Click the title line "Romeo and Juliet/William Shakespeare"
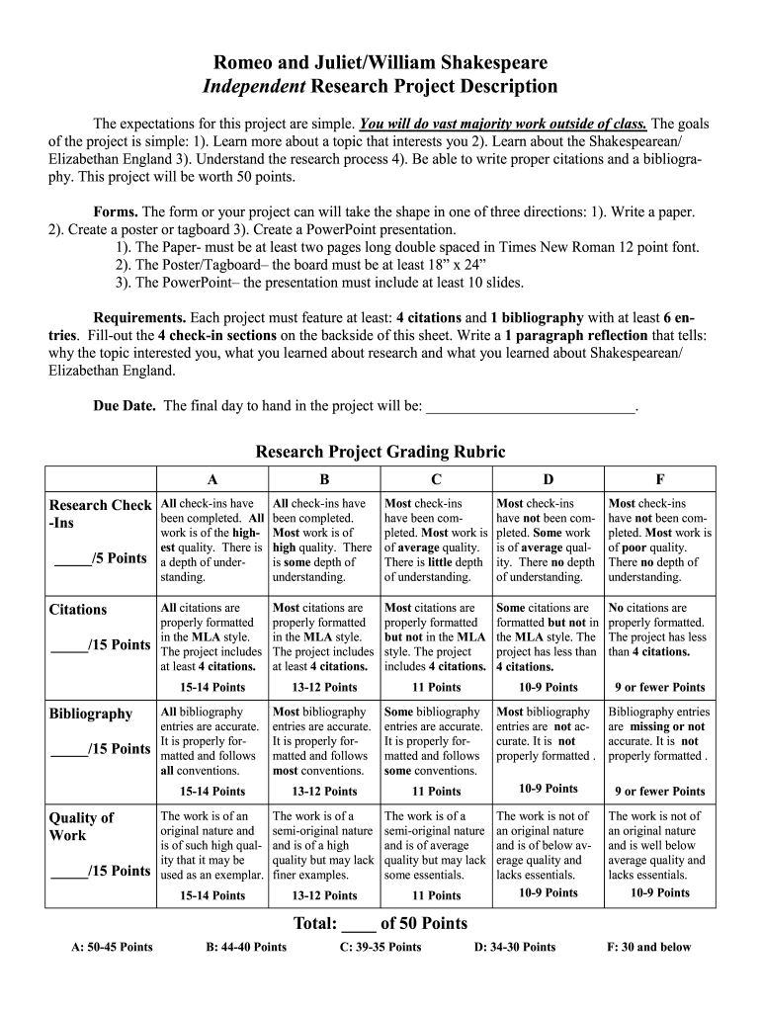[x=380, y=61]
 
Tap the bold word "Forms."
[x=116, y=212]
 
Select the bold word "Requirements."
[x=139, y=318]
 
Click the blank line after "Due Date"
[x=531, y=406]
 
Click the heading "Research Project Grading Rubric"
[x=380, y=452]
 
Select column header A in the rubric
[x=212, y=477]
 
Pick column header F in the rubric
[x=659, y=477]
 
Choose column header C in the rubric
[x=436, y=477]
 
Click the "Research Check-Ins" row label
[x=99, y=513]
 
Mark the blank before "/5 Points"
[x=71, y=559]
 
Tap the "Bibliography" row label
[x=90, y=714]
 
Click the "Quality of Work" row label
[x=81, y=826]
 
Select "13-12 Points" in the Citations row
[x=324, y=687]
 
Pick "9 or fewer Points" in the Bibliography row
[x=659, y=791]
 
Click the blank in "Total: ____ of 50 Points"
[x=358, y=924]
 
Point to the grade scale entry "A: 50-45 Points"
[x=112, y=947]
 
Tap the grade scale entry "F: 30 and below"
[x=648, y=947]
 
